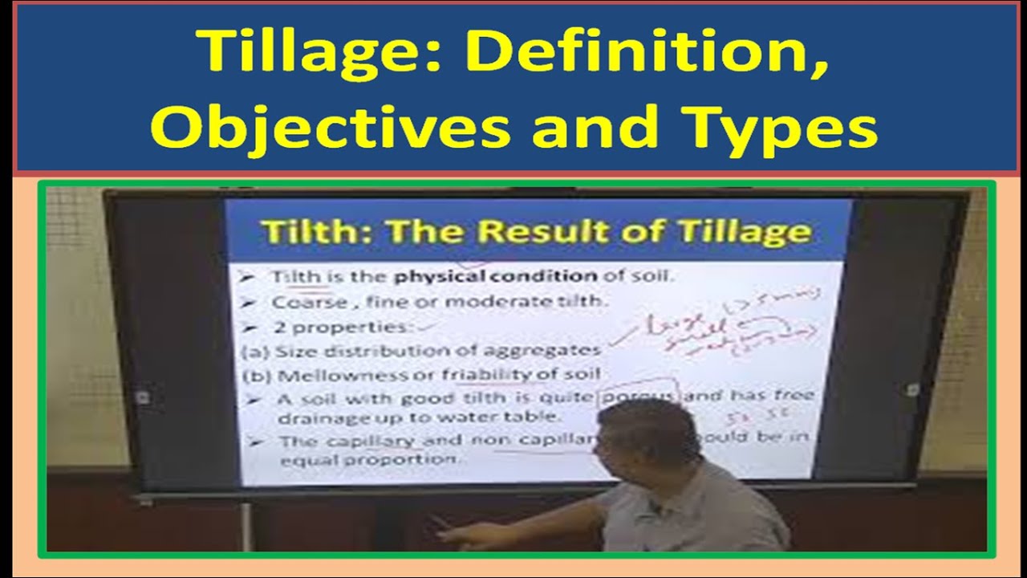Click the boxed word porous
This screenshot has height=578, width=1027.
coord(639,395)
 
